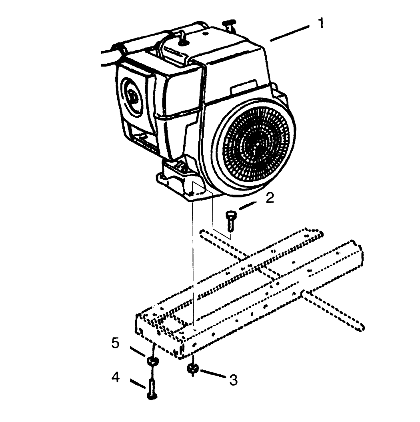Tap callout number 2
(x=270, y=198)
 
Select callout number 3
(x=233, y=380)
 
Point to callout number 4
(x=116, y=377)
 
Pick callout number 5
(x=115, y=343)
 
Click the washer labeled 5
(x=153, y=361)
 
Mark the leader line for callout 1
(x=290, y=33)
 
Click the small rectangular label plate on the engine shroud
(x=244, y=86)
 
